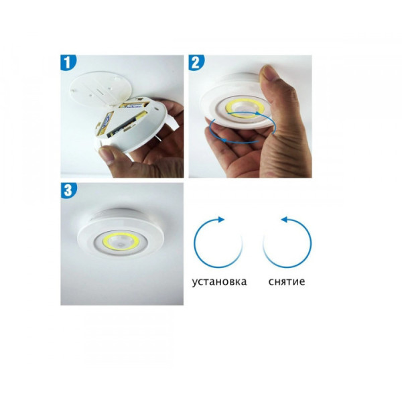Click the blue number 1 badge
[x=68, y=62]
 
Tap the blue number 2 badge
[x=196, y=62]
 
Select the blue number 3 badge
[x=68, y=190]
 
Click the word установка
[x=220, y=282]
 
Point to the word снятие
[x=287, y=281]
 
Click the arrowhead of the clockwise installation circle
[x=221, y=220]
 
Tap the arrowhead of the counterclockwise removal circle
[x=285, y=220]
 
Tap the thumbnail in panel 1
[x=106, y=155]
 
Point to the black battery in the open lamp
[x=127, y=125]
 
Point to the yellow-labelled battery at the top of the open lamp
[x=134, y=105]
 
